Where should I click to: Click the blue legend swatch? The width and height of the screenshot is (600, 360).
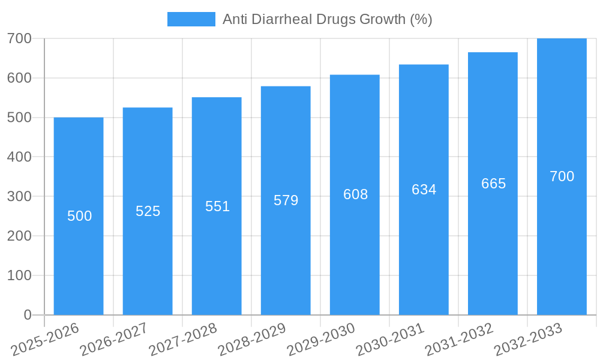191,19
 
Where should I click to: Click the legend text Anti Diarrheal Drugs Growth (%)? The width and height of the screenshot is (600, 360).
327,19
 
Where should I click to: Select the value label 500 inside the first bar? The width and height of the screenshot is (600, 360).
79,216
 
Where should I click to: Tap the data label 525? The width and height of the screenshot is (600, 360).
148,211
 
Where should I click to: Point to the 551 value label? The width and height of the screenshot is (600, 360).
217,206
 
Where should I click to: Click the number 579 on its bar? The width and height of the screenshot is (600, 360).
286,200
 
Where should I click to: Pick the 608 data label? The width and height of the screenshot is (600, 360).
355,194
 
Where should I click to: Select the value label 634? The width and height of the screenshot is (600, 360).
424,190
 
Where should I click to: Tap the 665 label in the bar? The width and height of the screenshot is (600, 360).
493,184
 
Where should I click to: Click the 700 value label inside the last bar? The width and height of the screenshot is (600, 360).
562,176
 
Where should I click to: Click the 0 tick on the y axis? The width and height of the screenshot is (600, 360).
27,315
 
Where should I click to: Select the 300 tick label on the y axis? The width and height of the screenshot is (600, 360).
19,196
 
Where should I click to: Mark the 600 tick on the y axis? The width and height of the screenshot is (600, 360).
19,78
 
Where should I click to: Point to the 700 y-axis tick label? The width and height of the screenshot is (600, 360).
19,38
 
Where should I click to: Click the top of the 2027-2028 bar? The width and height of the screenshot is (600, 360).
217,98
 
